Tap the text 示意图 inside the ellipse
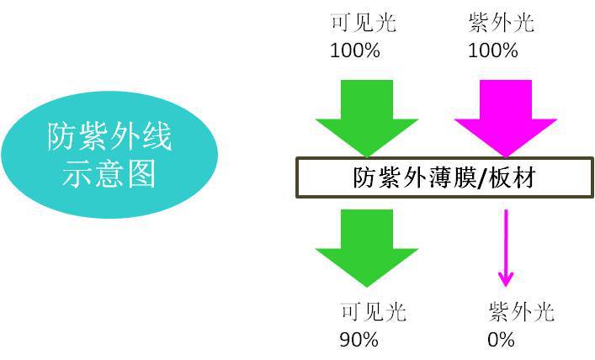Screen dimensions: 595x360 [x=109, y=173]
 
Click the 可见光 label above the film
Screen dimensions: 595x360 [x=364, y=22]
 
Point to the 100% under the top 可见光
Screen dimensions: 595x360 [x=354, y=50]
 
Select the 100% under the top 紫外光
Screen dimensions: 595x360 [x=492, y=50]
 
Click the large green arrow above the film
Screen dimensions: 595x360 [x=367, y=109]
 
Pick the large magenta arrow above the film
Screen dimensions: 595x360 [x=505, y=109]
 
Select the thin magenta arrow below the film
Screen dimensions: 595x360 [x=506, y=248]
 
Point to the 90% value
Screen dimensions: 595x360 [x=359, y=340]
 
